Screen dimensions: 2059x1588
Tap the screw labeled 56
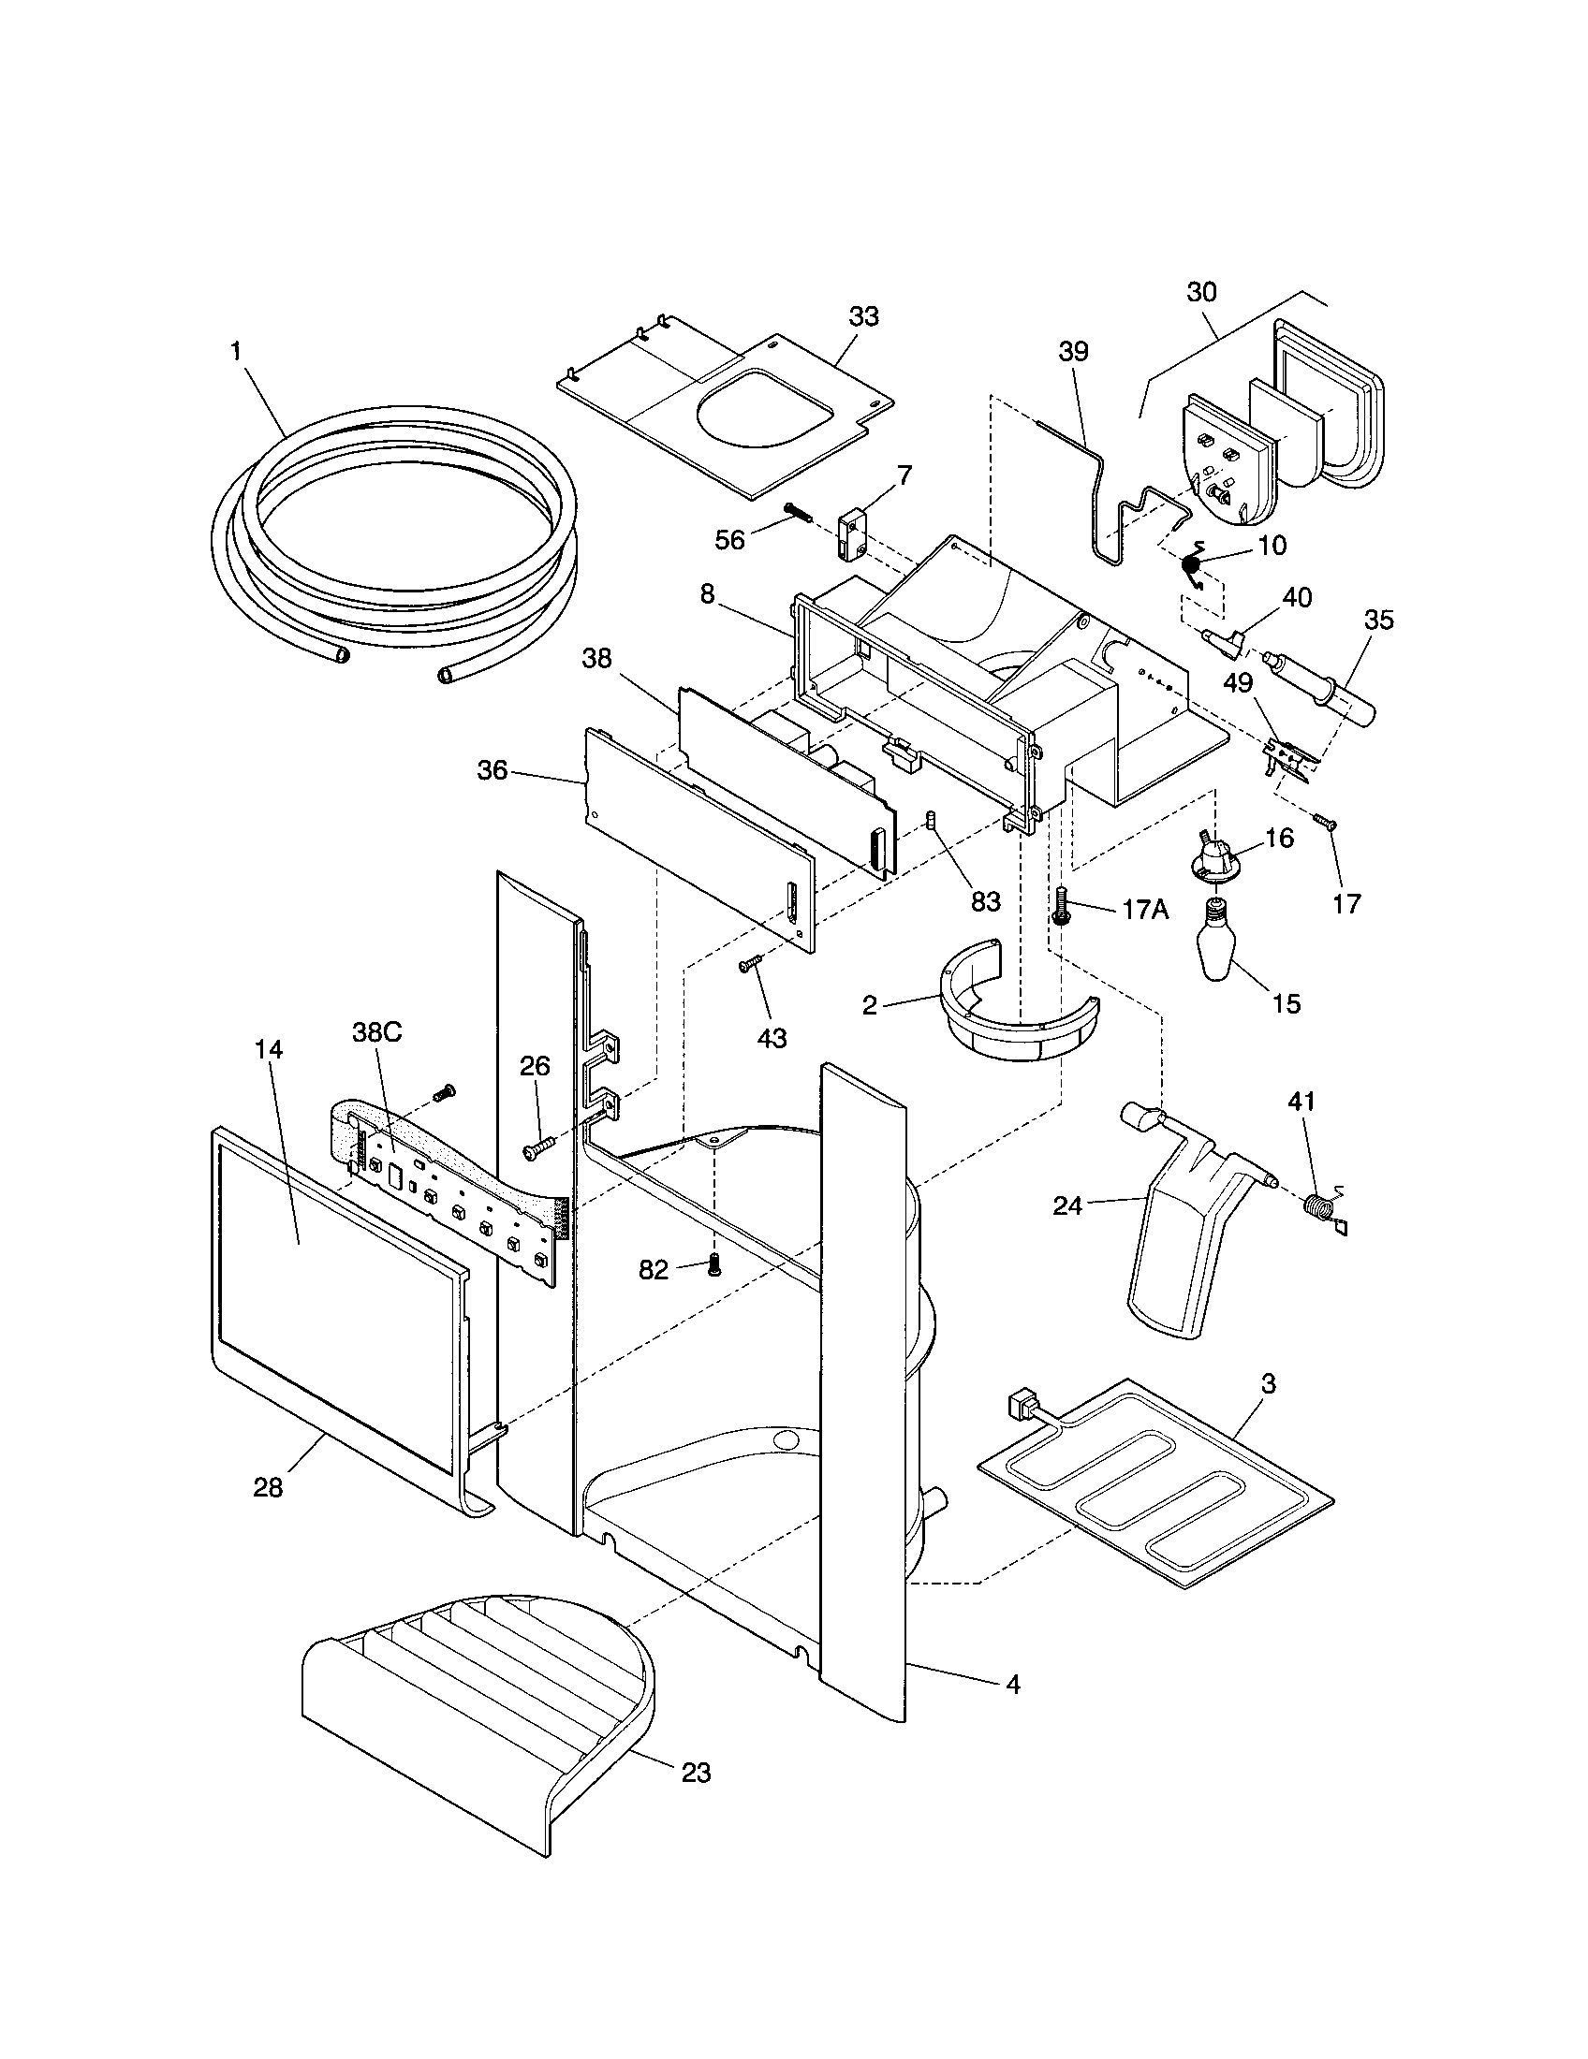(x=797, y=514)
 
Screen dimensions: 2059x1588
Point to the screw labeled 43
(x=748, y=963)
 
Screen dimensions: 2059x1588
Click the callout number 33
(x=863, y=316)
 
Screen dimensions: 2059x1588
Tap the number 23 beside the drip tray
(x=696, y=1773)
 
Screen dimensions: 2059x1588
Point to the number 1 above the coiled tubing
(x=235, y=351)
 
